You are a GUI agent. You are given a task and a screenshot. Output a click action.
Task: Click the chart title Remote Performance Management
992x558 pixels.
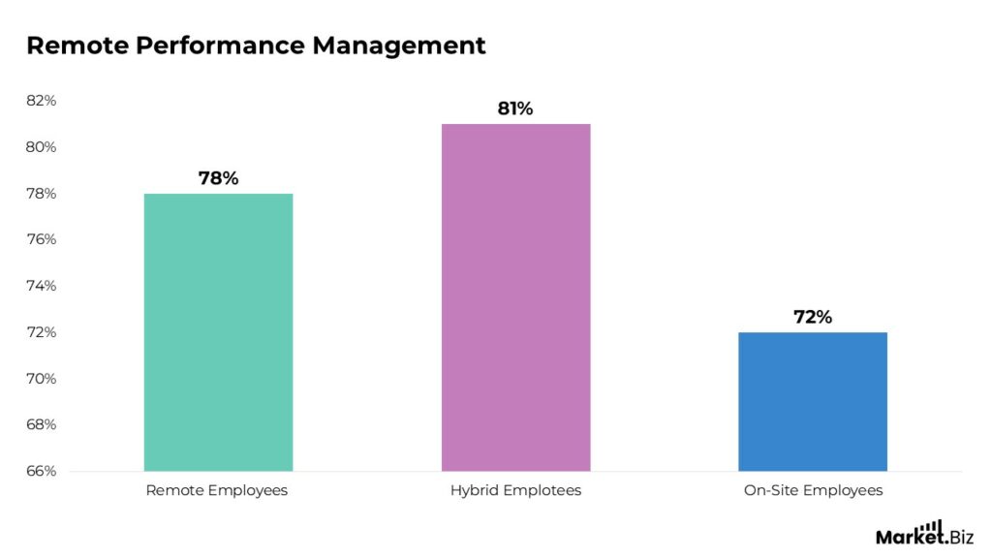(256, 46)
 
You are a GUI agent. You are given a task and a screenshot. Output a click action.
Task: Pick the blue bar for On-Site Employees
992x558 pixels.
(813, 401)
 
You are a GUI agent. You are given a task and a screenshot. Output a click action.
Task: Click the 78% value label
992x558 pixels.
(218, 178)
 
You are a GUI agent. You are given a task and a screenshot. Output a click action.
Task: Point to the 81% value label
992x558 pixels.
(515, 108)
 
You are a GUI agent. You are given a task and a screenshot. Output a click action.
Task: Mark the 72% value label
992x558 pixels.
(813, 317)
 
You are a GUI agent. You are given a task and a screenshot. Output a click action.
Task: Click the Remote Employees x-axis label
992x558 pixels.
(217, 490)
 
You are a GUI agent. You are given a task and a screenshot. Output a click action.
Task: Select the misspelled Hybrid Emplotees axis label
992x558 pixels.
(515, 490)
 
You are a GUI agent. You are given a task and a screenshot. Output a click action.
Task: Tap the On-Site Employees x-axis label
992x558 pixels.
(813, 490)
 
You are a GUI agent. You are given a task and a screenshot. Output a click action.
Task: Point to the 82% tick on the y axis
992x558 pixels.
(41, 101)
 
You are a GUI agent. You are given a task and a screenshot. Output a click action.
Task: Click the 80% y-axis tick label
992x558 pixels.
(41, 147)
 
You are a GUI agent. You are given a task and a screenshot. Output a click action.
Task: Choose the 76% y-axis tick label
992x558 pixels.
(41, 239)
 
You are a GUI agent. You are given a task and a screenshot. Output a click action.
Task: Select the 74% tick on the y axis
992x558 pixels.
(41, 286)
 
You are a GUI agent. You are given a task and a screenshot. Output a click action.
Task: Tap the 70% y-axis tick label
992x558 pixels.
(41, 379)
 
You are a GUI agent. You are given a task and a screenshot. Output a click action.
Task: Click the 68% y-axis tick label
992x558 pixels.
(41, 424)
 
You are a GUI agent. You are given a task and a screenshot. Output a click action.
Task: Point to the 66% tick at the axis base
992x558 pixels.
(41, 471)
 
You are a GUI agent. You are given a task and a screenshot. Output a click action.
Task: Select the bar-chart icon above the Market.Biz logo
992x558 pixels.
(932, 525)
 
